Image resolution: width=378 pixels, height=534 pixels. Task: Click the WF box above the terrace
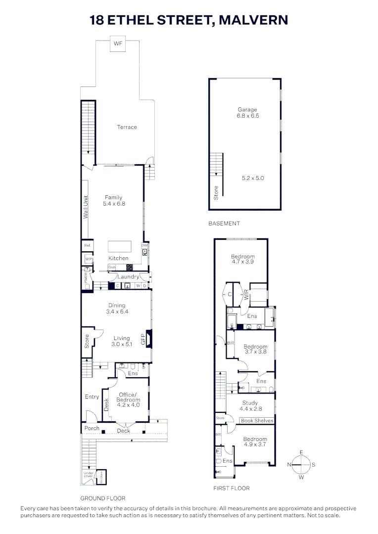118,44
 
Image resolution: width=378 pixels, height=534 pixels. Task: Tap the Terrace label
127,127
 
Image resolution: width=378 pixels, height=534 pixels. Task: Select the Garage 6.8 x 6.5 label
247,113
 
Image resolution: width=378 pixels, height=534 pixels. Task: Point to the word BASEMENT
224,223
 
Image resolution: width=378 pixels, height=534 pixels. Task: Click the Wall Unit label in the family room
86,208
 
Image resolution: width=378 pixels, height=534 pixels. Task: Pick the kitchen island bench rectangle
120,246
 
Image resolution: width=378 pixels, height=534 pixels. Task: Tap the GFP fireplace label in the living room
143,339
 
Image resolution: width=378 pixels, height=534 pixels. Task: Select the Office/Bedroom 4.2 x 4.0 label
129,400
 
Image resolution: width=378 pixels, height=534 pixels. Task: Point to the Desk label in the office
106,405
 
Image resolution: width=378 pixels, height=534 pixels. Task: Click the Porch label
92,428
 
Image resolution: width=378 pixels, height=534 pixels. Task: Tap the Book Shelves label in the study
257,421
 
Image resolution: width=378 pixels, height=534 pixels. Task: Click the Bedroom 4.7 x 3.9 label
243,260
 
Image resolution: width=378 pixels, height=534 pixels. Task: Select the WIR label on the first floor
246,295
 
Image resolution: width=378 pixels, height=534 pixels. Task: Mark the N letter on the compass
289,464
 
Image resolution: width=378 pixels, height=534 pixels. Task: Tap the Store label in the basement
216,192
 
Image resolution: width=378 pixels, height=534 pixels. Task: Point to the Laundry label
128,277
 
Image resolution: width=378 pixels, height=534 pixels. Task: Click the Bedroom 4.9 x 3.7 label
255,442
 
